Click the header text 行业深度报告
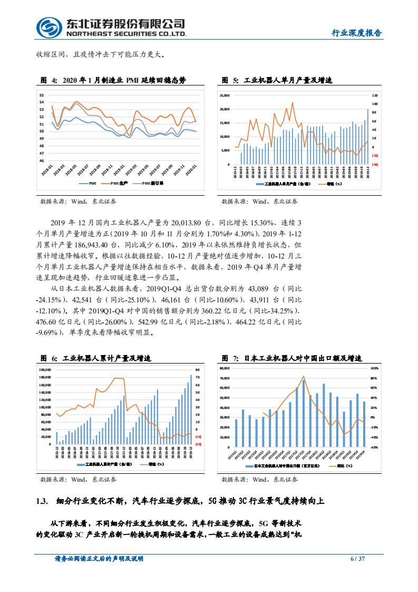tap(356, 33)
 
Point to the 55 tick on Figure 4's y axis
tap(42, 95)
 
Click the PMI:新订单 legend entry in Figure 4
tap(153, 183)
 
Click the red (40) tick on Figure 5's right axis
tap(375, 164)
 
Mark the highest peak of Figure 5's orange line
tap(293, 103)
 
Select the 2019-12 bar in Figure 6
tap(191, 409)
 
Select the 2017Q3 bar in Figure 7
tap(304, 413)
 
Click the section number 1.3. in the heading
tap(42, 501)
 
